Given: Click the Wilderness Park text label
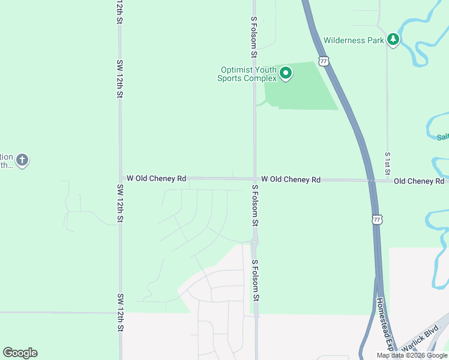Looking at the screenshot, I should (354, 41).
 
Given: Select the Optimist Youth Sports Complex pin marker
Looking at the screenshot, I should (286, 74).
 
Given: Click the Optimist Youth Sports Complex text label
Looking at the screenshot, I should (247, 74).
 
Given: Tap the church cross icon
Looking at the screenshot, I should (22, 160).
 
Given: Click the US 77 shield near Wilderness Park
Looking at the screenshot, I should (324, 61).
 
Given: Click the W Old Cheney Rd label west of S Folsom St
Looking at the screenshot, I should (156, 179).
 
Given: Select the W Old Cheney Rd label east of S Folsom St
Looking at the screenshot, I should (291, 179).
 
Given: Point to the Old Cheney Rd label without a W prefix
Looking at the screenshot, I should (419, 181).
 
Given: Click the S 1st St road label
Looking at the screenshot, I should (388, 161).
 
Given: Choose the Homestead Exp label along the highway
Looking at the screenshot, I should (385, 324).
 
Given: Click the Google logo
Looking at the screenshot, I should (20, 353).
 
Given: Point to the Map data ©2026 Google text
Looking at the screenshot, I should (412, 355).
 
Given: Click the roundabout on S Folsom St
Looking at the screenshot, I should (255, 244).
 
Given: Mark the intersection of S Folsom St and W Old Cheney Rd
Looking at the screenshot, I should (255, 179).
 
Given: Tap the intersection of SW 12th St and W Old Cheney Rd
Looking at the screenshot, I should (121, 178).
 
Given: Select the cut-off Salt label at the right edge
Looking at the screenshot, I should (443, 137).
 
